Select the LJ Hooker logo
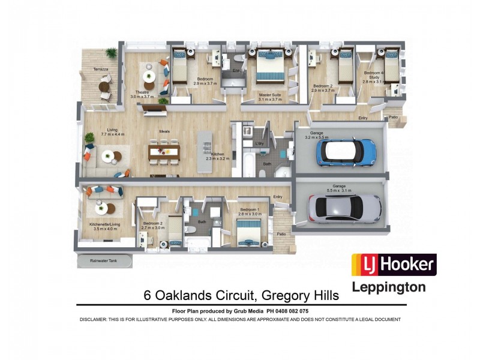click(393, 265)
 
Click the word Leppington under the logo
click(388, 287)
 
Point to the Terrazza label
click(101, 70)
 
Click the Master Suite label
click(270, 94)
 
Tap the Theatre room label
click(142, 91)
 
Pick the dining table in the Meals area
click(164, 151)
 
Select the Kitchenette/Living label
click(105, 224)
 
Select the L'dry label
click(259, 143)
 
